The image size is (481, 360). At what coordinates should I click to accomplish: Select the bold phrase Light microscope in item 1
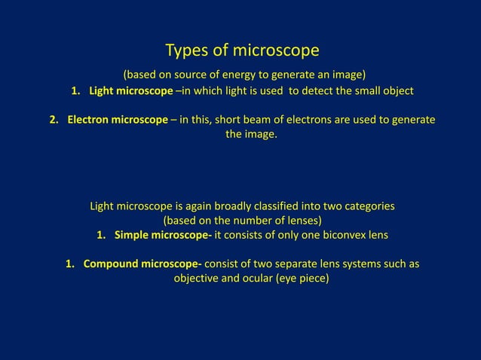click(130, 91)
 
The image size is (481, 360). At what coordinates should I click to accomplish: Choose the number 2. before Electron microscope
click(55, 121)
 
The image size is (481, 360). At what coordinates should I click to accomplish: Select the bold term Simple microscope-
click(163, 235)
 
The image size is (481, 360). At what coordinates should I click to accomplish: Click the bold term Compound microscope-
click(142, 264)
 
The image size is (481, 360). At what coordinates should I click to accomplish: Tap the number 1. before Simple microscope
click(103, 235)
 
